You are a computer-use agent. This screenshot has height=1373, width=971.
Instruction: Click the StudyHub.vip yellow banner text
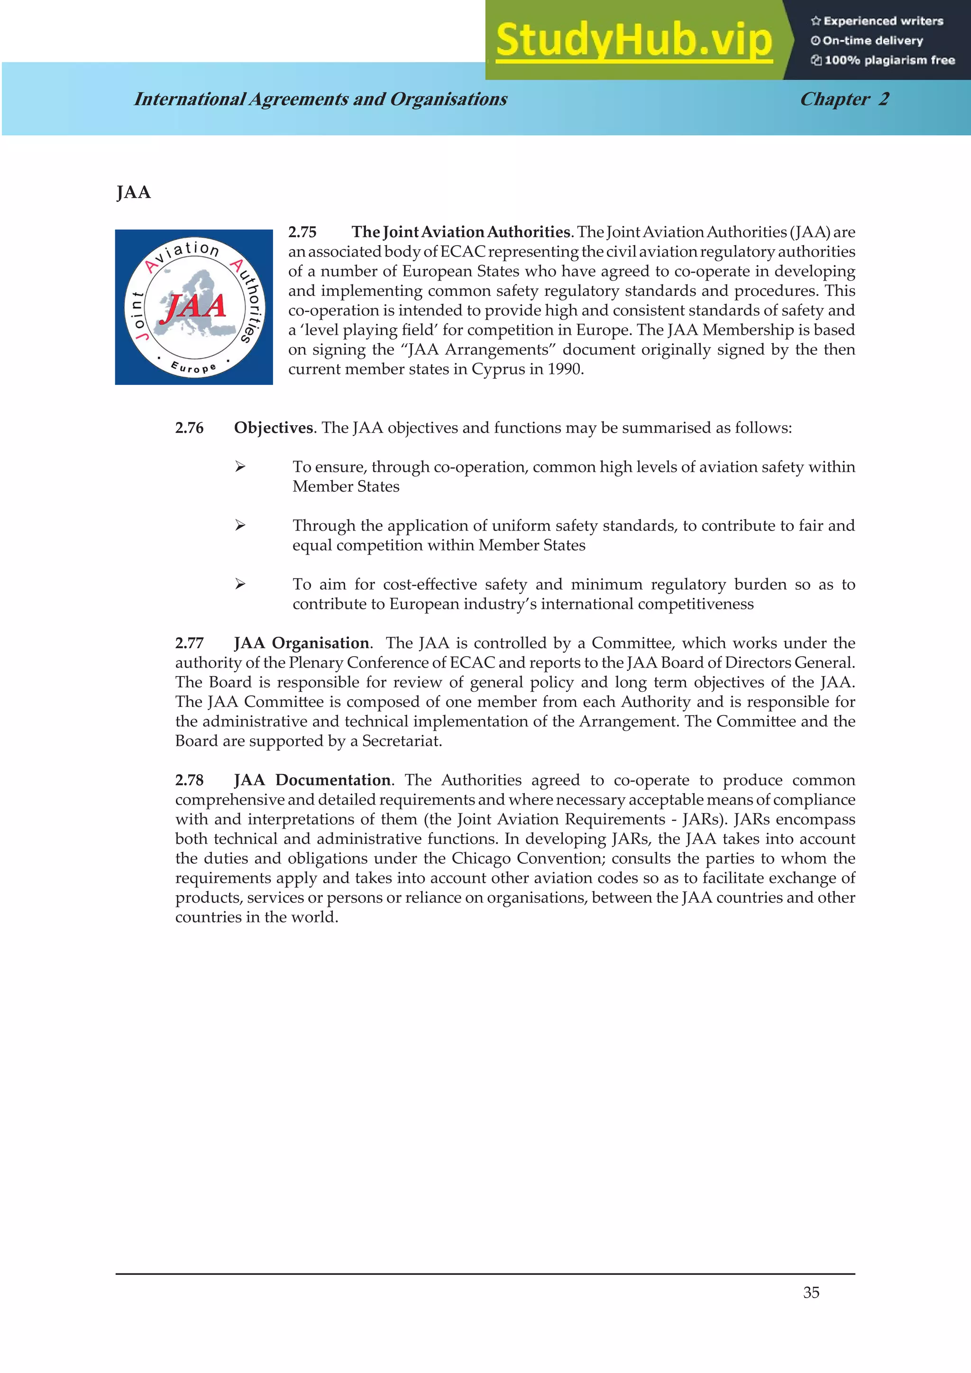click(x=634, y=41)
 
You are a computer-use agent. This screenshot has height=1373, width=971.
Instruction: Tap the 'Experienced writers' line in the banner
click(x=877, y=21)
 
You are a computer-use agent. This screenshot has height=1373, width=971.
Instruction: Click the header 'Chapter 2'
click(x=844, y=99)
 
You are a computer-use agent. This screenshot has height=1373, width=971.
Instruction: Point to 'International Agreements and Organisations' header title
click(x=321, y=99)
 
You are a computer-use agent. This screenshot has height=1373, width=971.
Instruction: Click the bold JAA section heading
click(x=133, y=192)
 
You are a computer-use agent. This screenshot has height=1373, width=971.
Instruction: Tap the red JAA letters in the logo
click(x=195, y=306)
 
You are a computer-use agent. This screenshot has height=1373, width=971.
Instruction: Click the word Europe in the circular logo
click(x=193, y=366)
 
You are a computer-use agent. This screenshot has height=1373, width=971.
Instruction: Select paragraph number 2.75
click(x=302, y=232)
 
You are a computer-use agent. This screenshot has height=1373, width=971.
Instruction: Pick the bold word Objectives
click(x=273, y=428)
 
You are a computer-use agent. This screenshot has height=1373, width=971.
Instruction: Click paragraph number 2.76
click(x=189, y=428)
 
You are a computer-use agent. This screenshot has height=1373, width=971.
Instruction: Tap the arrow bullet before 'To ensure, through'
click(x=240, y=467)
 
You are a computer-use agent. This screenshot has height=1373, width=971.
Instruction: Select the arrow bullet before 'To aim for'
click(x=240, y=584)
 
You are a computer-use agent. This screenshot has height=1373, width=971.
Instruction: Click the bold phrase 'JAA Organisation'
click(x=302, y=643)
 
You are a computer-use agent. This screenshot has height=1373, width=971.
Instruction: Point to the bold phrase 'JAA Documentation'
click(x=312, y=780)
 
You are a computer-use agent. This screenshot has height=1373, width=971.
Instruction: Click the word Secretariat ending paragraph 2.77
click(x=401, y=741)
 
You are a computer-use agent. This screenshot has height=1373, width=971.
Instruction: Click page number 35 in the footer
click(x=811, y=1292)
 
